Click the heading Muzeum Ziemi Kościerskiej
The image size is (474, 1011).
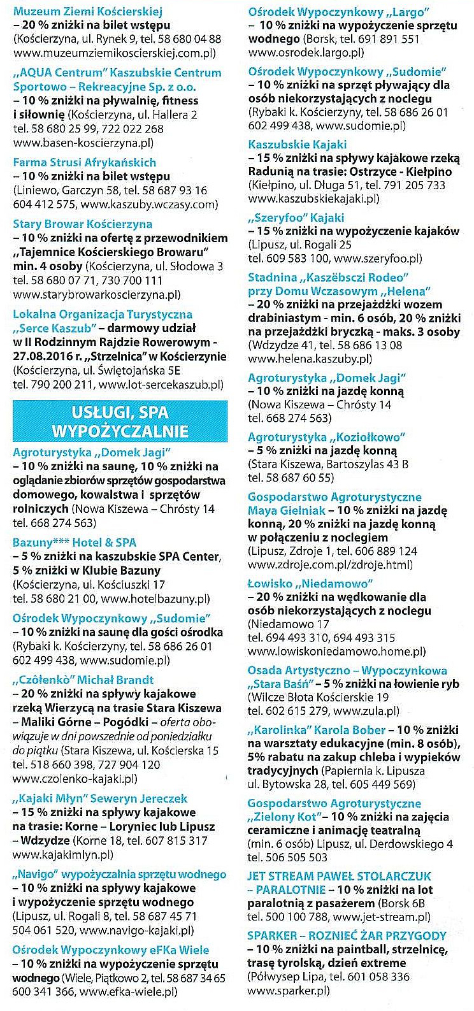click(x=88, y=11)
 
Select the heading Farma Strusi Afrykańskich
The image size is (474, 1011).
click(x=84, y=162)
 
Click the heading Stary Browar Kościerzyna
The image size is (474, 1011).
click(x=82, y=224)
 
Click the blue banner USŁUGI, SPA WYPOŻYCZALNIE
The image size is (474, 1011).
click(x=120, y=421)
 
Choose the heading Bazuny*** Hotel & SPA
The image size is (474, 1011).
click(x=75, y=543)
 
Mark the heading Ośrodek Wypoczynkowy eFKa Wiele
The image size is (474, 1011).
click(x=111, y=950)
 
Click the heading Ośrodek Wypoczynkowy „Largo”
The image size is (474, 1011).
click(x=338, y=12)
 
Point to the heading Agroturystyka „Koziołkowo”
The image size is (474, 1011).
click(x=327, y=437)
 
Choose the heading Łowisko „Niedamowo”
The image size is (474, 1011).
click(x=310, y=584)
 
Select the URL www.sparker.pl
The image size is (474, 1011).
click(x=288, y=990)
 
